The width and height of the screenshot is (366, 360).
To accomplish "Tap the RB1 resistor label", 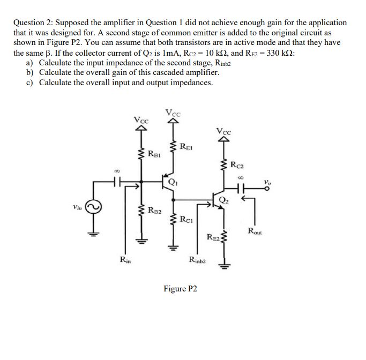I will [x=154, y=156].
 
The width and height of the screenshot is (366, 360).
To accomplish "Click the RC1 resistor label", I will [x=187, y=218].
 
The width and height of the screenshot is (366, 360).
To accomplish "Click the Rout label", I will [x=255, y=231].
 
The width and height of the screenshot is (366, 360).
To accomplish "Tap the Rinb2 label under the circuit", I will [x=197, y=260].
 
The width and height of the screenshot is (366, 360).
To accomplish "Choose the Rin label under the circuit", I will [x=124, y=260].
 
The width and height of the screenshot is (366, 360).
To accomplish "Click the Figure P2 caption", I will [x=180, y=289].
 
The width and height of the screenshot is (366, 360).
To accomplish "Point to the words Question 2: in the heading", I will [x=33, y=23].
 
